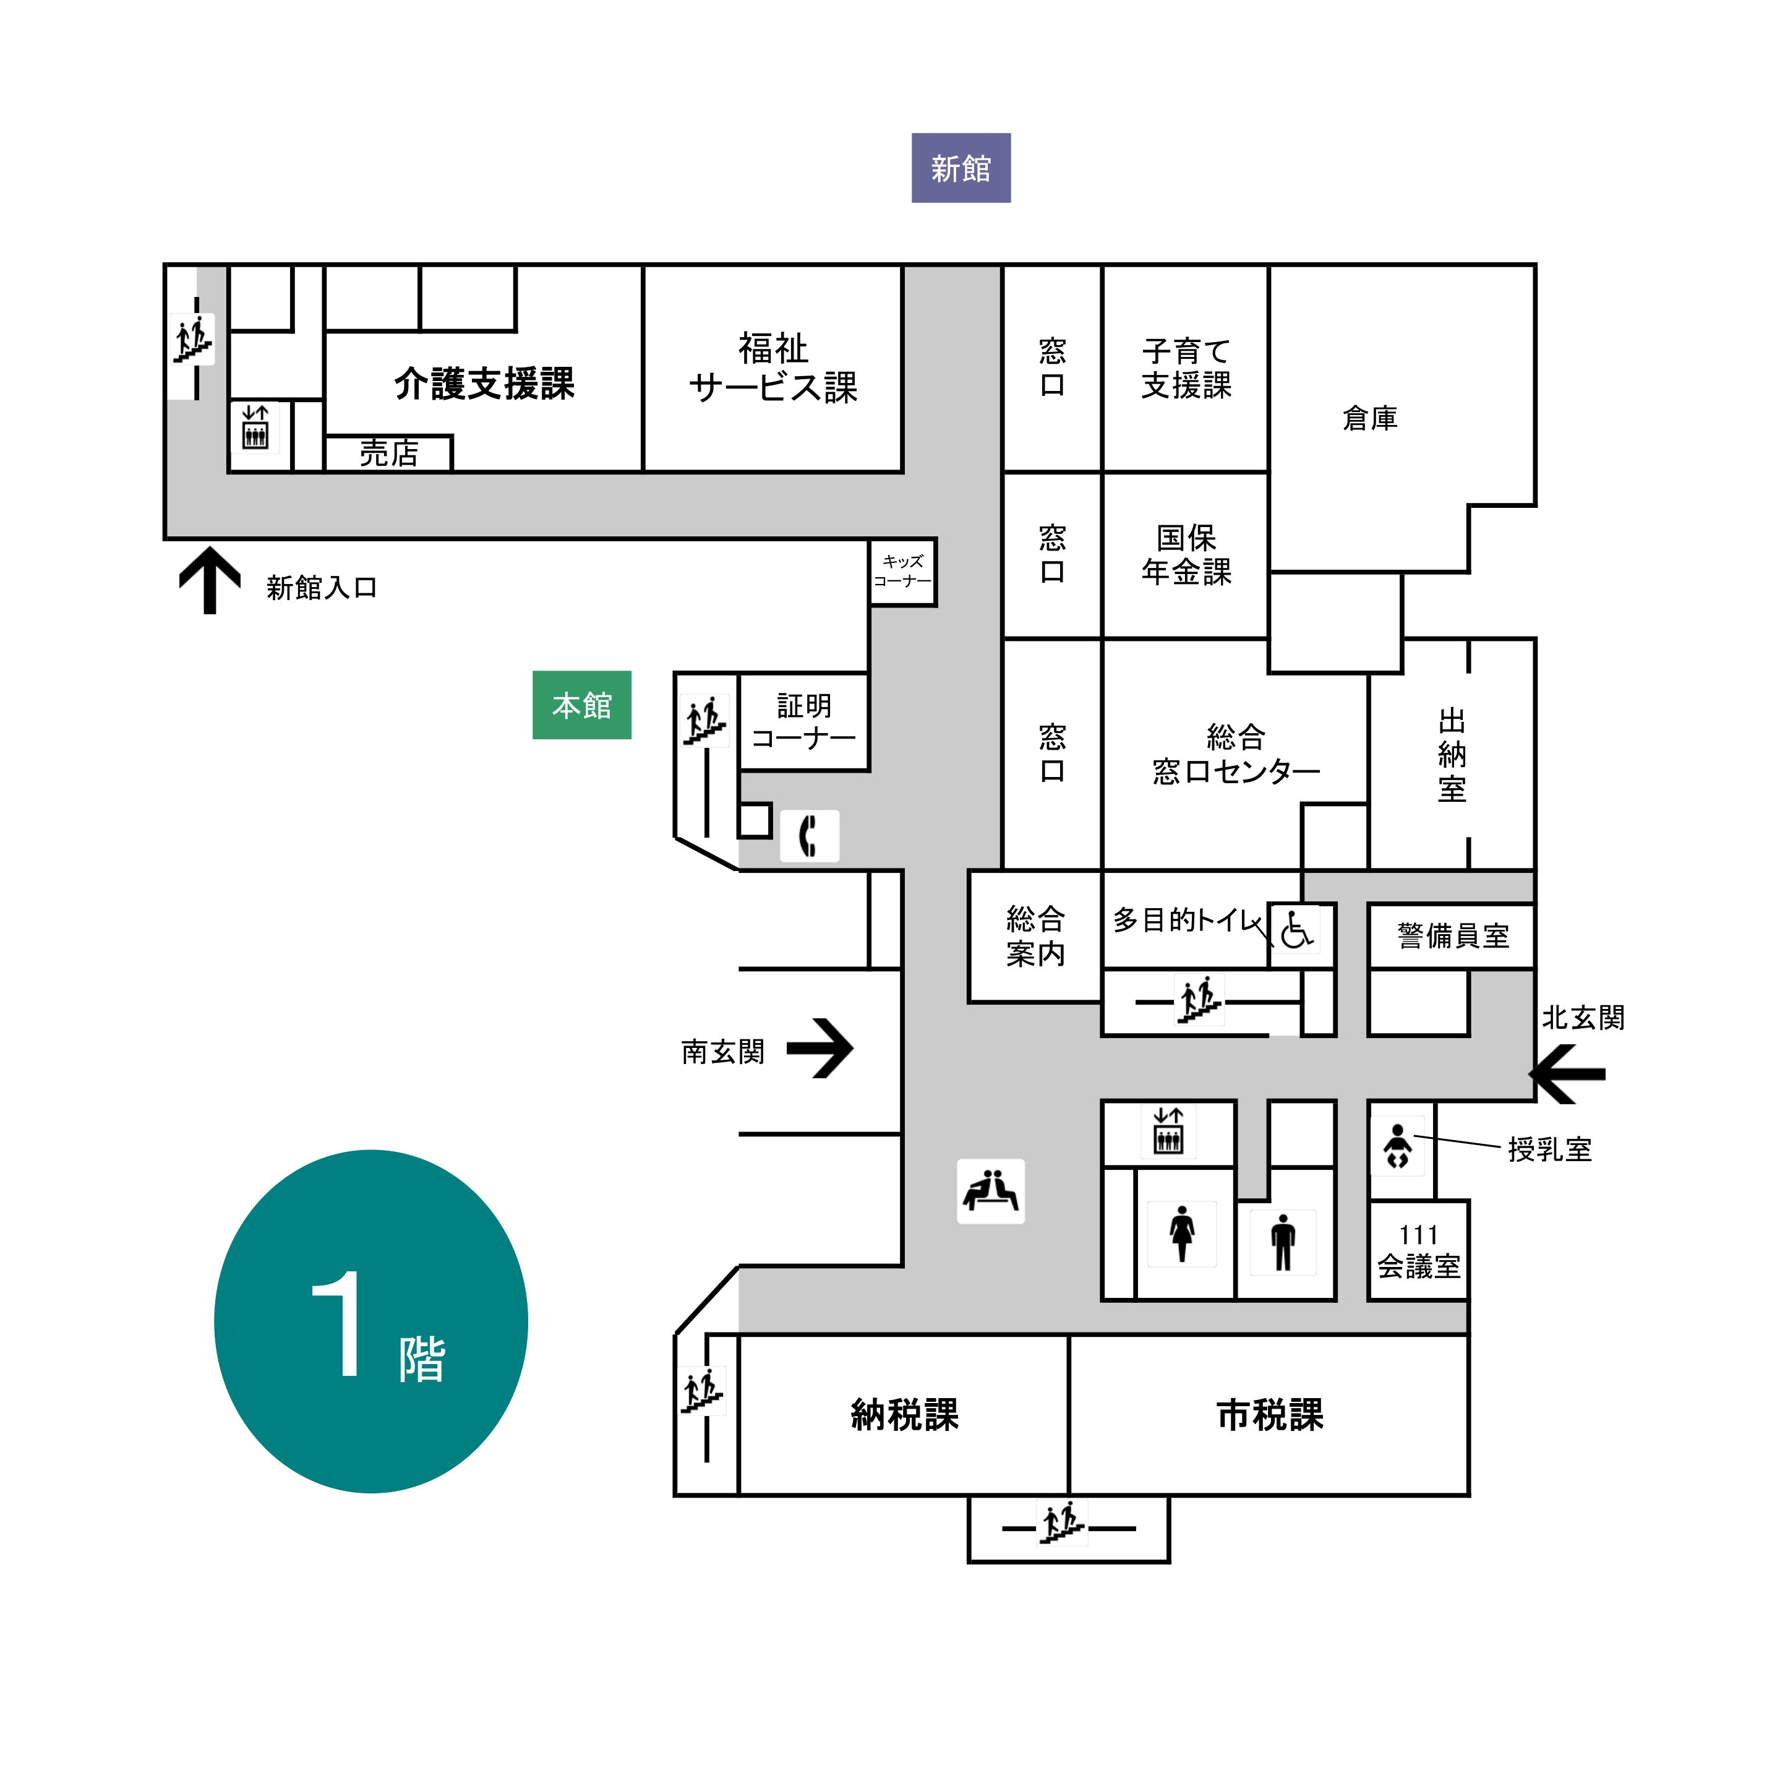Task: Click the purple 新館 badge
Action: pos(961,168)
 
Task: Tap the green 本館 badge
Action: pos(581,705)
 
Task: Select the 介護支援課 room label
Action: pos(484,384)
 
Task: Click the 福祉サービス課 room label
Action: pos(773,368)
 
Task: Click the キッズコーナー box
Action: pos(902,571)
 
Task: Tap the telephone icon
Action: pos(809,836)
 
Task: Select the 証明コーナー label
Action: pos(803,721)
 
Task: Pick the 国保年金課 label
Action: pos(1186,555)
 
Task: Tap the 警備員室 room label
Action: pos(1452,937)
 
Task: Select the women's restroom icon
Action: pos(1181,1233)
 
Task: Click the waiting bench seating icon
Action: pos(990,1191)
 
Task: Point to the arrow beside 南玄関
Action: pos(821,1049)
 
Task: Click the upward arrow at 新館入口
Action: pos(210,580)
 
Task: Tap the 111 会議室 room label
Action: pos(1418,1251)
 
